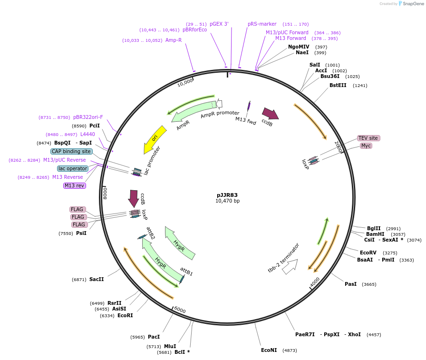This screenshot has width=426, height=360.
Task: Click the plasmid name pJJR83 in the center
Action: pos(227,195)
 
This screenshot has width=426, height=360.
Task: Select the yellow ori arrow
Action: pos(155,139)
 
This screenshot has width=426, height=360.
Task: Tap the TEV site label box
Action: pos(368,138)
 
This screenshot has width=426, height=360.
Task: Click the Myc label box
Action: pos(366,146)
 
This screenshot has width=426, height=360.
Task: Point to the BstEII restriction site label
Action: pos(338,86)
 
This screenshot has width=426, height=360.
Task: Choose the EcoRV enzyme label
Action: pos(368,253)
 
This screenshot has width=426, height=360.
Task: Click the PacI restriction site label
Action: pos(154,337)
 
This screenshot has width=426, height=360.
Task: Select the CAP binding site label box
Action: pos(71,151)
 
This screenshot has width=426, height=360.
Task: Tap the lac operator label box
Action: pos(72,168)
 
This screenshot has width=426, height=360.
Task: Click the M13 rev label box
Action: pos(75,185)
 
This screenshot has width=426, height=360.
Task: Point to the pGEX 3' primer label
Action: pos(219,24)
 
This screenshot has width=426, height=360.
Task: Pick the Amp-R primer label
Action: pos(174,40)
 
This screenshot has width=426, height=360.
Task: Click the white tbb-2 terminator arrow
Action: pos(290,266)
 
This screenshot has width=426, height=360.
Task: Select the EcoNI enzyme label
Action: pos(269,350)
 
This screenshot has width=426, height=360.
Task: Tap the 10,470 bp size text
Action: pos(227,201)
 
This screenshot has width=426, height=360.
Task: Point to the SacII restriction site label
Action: pos(97,279)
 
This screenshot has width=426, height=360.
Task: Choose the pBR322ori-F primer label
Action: pos(88,117)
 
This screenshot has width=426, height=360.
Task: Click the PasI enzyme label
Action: pos(350,284)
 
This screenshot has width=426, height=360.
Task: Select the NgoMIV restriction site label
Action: pos(299,47)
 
